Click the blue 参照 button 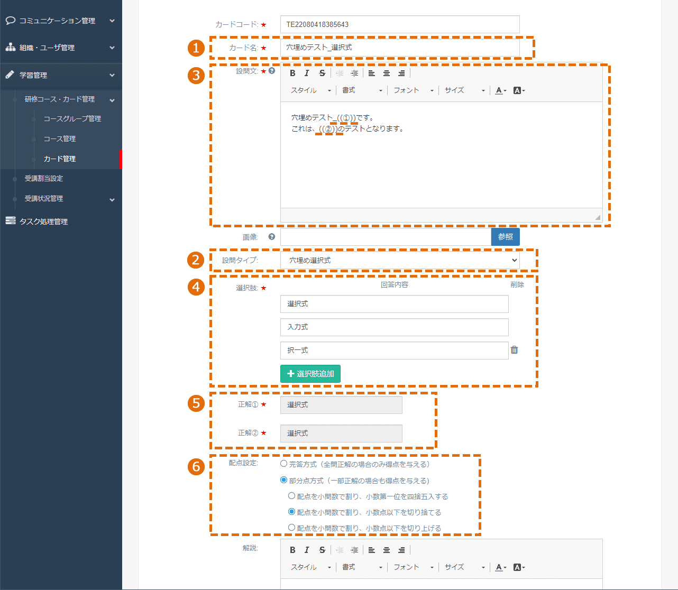point(505,237)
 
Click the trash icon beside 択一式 point(514,350)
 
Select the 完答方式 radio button point(283,464)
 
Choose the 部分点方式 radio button point(283,480)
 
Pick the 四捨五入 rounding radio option point(291,496)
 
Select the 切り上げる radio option point(291,528)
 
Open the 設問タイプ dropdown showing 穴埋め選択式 point(400,261)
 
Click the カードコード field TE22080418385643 point(400,24)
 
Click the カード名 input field point(400,48)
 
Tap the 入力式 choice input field point(395,327)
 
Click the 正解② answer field point(341,434)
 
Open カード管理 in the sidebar point(60,159)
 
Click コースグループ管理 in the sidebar point(72,118)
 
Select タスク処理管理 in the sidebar point(43,222)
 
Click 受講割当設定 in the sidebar point(44,179)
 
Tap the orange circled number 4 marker point(196,287)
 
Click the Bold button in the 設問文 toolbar point(292,73)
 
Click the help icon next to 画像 point(272,237)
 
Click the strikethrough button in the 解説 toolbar point(322,550)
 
